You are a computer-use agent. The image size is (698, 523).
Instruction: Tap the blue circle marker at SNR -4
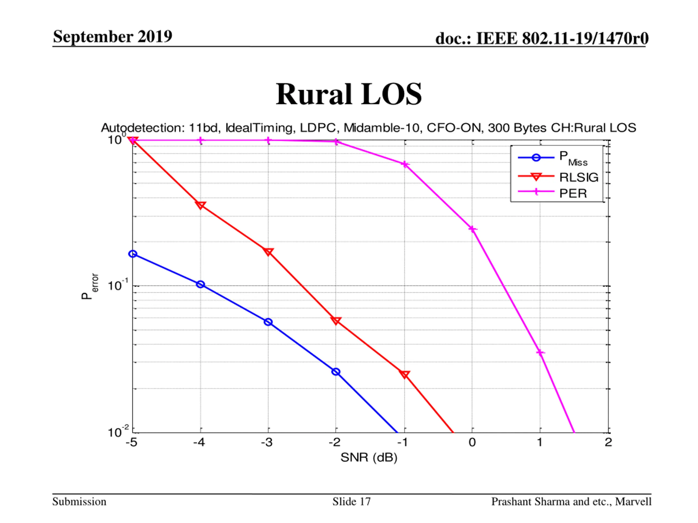200,284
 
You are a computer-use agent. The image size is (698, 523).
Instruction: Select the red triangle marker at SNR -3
268,252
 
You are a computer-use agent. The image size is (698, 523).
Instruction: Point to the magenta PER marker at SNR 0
473,229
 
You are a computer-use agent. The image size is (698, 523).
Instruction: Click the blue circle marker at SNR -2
336,372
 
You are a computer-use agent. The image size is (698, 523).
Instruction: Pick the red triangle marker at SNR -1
405,374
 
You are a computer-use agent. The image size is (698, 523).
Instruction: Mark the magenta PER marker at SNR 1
540,352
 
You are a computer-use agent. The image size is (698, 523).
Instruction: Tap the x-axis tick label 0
472,442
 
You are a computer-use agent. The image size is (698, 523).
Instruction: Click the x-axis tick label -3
267,442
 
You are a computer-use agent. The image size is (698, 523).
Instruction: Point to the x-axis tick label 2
608,442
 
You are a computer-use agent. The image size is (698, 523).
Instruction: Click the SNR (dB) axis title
369,457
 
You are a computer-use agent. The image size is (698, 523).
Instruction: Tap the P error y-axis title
89,286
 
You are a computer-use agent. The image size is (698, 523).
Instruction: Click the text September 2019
113,36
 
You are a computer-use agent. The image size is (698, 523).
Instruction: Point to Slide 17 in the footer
351,501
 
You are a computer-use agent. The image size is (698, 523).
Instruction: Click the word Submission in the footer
79,501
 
